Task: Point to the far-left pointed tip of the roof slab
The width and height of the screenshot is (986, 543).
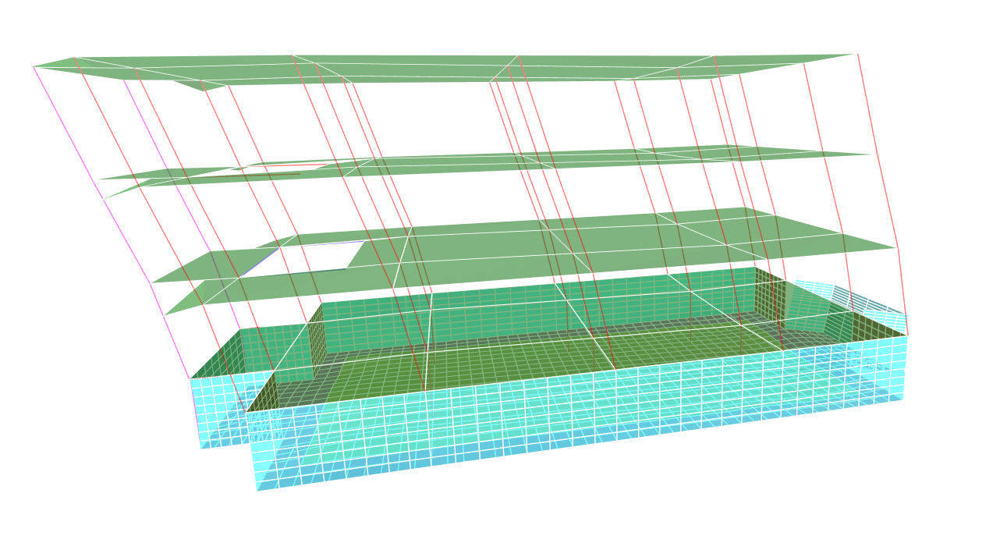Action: coord(34,66)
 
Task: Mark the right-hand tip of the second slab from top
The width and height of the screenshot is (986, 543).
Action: coord(871,154)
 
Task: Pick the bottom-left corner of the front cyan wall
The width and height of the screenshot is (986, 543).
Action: coord(257,490)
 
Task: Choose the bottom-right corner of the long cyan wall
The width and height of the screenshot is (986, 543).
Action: coord(903,399)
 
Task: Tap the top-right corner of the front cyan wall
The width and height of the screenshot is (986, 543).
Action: coord(907,337)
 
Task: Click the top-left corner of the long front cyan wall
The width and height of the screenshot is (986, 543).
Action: coord(247,413)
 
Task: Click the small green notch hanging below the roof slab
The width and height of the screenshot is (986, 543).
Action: coord(200,85)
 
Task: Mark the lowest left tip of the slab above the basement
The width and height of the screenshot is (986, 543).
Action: coord(166,314)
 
